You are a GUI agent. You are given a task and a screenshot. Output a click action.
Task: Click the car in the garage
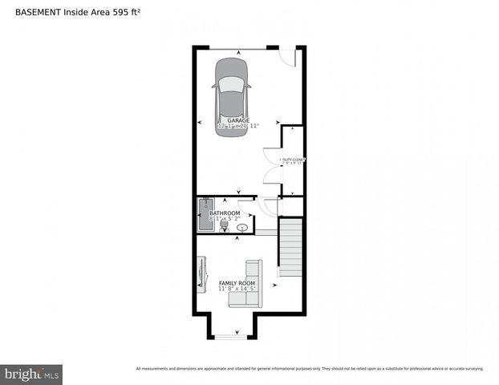[232, 95]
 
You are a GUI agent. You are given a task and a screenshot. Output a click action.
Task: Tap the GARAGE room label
[237, 120]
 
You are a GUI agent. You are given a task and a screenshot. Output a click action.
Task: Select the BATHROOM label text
[225, 213]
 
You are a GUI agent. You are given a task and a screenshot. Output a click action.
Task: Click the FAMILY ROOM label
[237, 283]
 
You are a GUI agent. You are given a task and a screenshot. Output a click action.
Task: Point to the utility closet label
[292, 160]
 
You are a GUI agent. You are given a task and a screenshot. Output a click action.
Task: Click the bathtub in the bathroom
[204, 214]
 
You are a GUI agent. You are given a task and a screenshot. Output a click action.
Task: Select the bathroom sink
[242, 228]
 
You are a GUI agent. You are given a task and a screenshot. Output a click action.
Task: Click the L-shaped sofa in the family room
[247, 286]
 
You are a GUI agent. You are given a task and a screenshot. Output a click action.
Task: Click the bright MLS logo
[31, 374]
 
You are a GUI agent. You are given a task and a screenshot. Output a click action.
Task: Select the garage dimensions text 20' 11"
[250, 126]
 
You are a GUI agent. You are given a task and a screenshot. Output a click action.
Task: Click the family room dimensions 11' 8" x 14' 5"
[237, 290]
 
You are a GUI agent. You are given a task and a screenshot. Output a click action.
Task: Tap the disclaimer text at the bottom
[310, 369]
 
